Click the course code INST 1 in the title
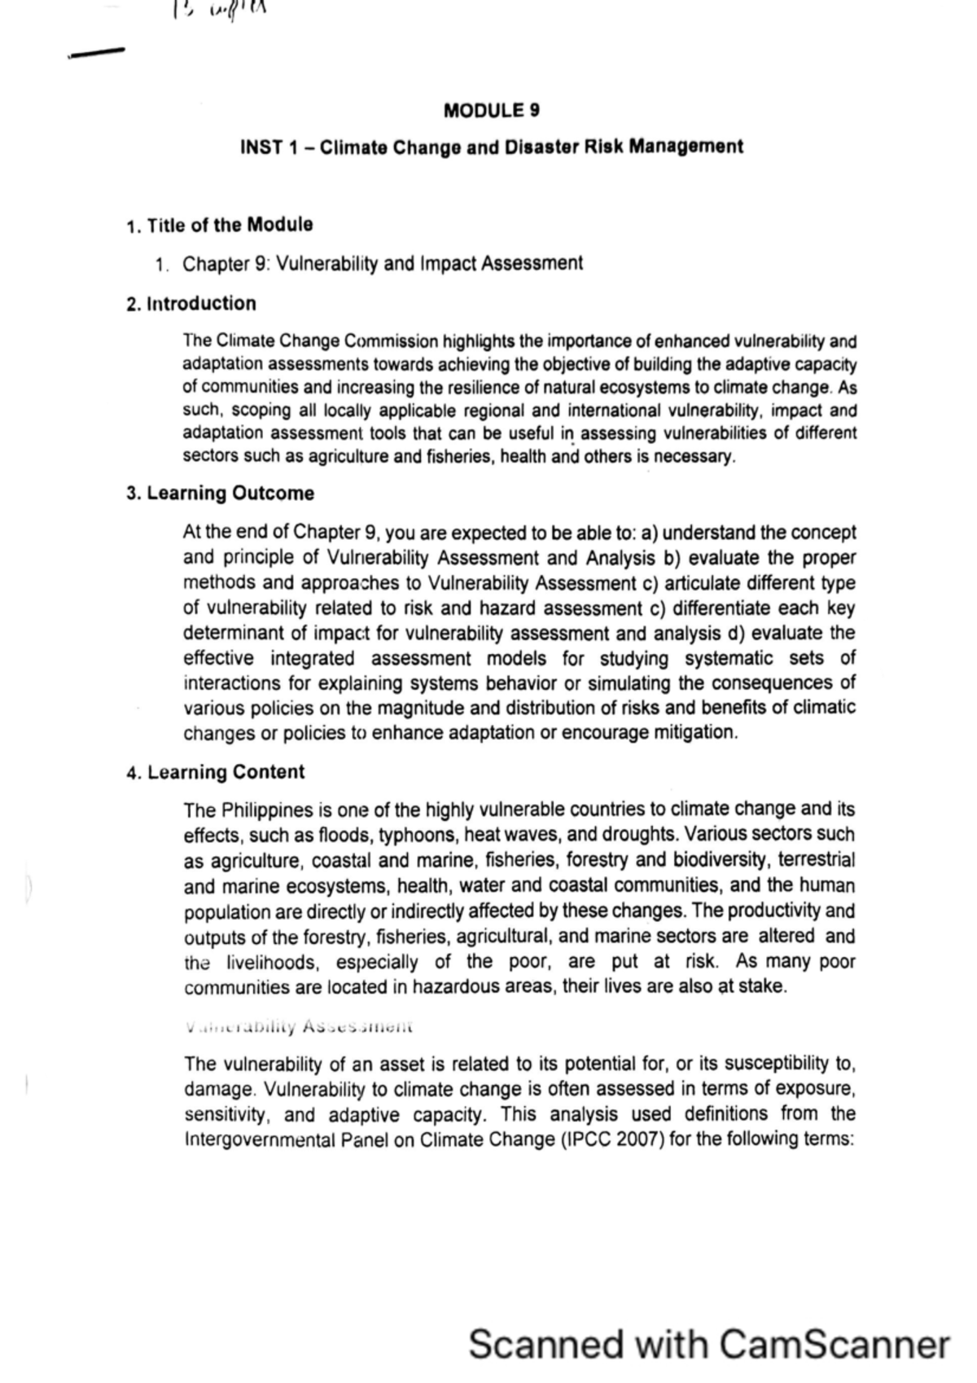coord(269,147)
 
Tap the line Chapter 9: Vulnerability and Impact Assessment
coord(383,263)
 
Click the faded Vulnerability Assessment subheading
coord(300,1026)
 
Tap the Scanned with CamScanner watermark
coord(708,1344)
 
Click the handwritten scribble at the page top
coord(220,11)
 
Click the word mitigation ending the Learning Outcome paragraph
coord(696,732)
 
